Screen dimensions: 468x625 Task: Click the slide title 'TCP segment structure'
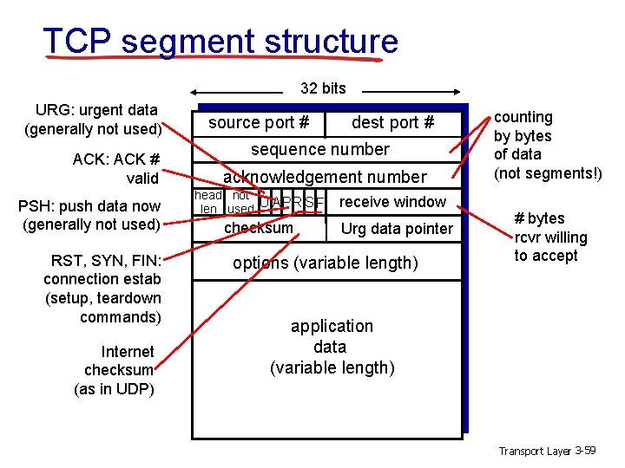[220, 41]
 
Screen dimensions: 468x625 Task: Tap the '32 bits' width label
[323, 88]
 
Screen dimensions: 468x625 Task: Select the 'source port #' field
[259, 123]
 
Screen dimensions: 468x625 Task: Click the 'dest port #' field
[392, 123]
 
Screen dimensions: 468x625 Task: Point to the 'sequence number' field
[320, 149]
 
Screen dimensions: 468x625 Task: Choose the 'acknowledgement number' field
[325, 177]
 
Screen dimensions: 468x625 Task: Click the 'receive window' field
[392, 202]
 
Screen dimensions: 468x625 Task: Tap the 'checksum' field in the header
[259, 228]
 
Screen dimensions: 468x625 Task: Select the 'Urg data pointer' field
[397, 229]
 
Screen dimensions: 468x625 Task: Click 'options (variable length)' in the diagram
[326, 263]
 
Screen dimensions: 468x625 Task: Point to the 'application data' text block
[332, 347]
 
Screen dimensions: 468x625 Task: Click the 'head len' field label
[208, 203]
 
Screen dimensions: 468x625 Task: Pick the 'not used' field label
[240, 203]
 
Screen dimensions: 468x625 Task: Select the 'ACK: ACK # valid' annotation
[116, 168]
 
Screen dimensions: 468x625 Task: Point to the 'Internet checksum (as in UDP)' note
[116, 370]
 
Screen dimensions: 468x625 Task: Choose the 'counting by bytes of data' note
[547, 145]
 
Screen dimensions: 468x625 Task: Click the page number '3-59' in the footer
[586, 450]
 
